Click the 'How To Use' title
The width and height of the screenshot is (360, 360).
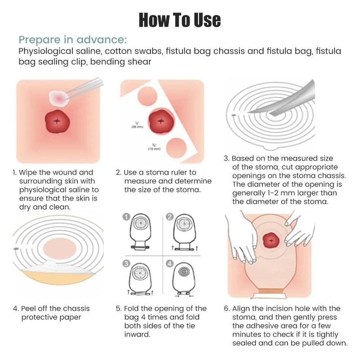click(180, 19)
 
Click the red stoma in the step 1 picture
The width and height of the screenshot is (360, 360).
click(58, 121)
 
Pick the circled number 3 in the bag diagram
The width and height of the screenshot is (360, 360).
click(127, 264)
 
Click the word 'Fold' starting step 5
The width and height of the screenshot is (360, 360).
click(133, 308)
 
